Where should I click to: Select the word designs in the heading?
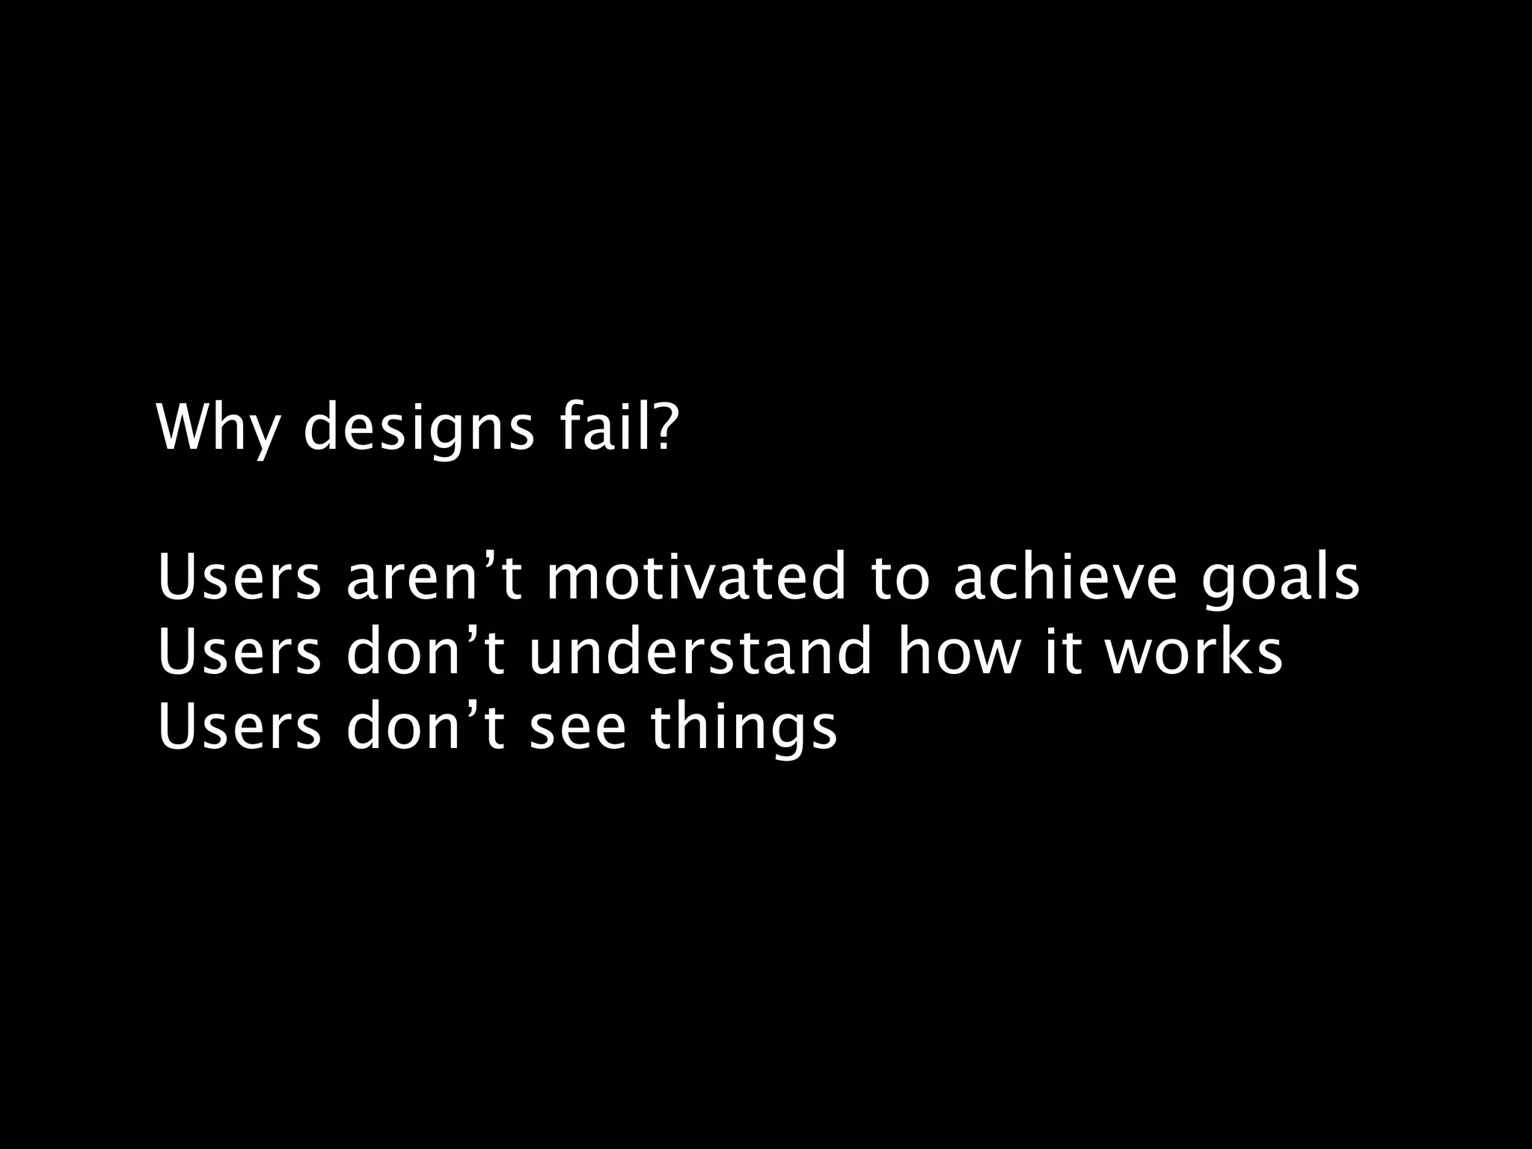point(419,428)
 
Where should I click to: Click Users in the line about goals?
point(239,577)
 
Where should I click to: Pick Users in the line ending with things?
point(239,727)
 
